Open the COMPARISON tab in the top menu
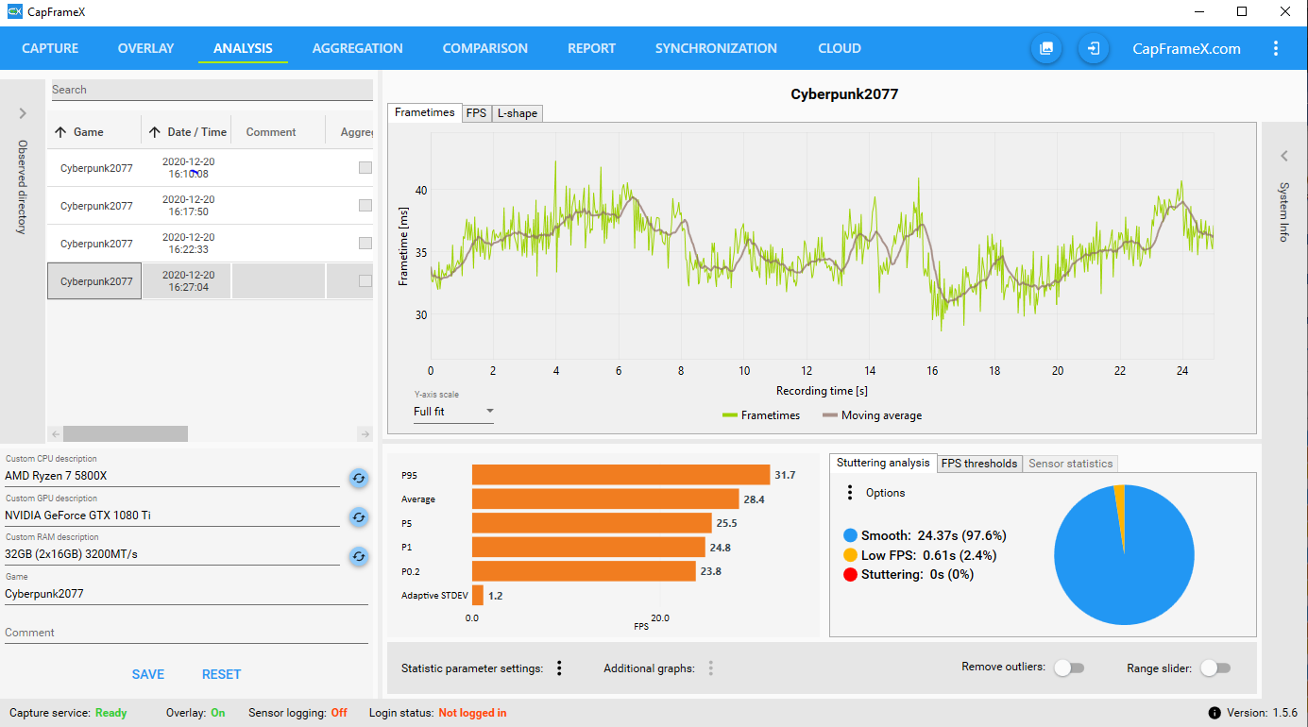[484, 48]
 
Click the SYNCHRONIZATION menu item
[716, 48]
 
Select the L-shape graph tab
[517, 113]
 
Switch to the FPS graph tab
[476, 113]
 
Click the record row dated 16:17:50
[188, 206]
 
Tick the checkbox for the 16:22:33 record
[365, 244]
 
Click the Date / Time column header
[188, 132]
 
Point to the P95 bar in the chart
[620, 475]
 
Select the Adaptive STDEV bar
[478, 596]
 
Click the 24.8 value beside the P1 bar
[721, 548]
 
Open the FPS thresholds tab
[978, 464]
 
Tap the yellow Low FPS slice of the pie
[1119, 490]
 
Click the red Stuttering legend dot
[850, 574]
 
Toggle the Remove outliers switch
[1068, 668]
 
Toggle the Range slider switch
[1215, 668]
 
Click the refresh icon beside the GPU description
[358, 516]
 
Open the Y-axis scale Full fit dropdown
[453, 412]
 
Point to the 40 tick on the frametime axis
[421, 190]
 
